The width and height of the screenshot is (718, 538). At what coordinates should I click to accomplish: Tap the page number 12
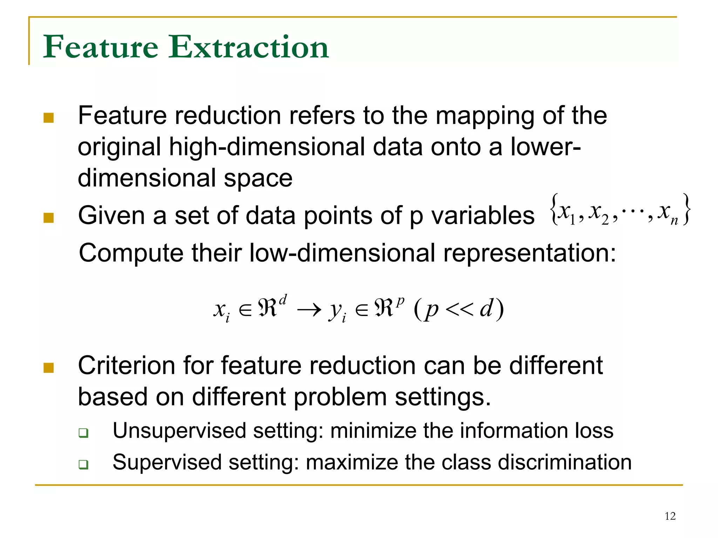pyautogui.click(x=670, y=516)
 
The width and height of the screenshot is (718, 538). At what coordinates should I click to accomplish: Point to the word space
pyautogui.click(x=258, y=178)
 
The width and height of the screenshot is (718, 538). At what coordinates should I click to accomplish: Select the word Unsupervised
pyautogui.click(x=179, y=431)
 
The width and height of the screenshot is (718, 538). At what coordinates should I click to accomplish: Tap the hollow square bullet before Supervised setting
pyautogui.click(x=83, y=465)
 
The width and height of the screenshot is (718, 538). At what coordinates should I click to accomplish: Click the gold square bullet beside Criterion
pyautogui.click(x=48, y=368)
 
